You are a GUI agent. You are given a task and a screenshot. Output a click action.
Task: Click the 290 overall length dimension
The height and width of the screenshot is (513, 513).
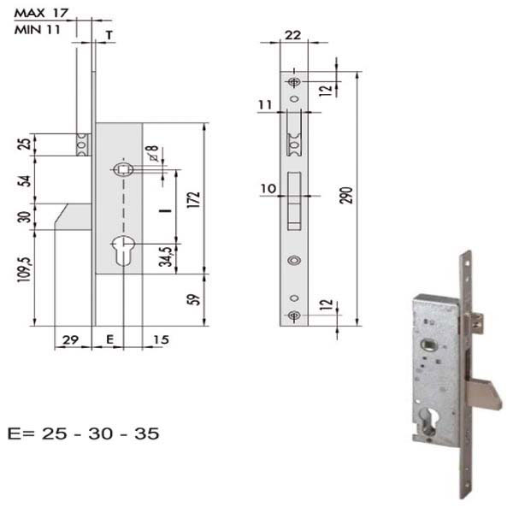(x=346, y=195)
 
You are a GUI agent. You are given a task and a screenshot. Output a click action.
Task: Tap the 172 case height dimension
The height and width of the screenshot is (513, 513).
(x=193, y=199)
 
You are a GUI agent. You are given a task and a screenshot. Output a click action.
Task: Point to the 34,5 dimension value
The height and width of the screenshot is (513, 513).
(x=166, y=256)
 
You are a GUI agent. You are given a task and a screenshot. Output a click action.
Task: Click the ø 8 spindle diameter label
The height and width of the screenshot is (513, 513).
(x=153, y=153)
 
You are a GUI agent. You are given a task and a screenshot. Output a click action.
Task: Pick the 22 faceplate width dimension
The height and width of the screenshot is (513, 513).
(x=292, y=35)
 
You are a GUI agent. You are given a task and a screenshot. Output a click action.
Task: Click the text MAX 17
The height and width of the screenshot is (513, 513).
(x=41, y=13)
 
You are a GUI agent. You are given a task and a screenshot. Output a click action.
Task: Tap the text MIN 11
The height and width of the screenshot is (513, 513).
(x=38, y=30)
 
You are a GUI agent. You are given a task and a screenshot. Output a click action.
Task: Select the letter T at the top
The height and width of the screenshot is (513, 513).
(x=109, y=35)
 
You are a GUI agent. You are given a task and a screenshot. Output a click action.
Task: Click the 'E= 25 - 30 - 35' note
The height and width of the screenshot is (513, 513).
(x=84, y=433)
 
